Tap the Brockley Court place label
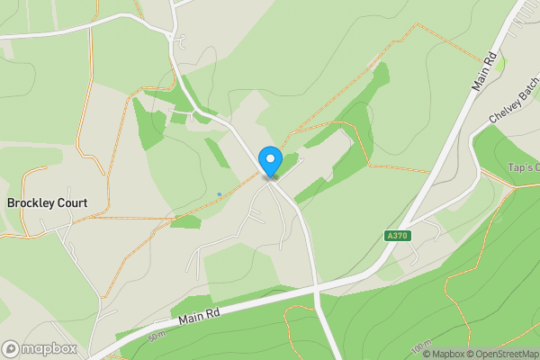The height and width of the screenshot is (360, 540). [x=47, y=203]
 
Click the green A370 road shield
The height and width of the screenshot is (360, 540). [x=391, y=236]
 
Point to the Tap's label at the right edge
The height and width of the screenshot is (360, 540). [x=524, y=167]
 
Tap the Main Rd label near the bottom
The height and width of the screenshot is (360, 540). [x=198, y=314]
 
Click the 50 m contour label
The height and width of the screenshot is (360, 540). [x=158, y=336]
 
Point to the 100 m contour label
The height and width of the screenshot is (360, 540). [x=420, y=347]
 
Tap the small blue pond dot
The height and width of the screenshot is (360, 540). [x=219, y=193]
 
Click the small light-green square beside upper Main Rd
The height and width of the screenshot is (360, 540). [x=500, y=63]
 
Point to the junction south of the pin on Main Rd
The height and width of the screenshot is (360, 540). [x=316, y=289]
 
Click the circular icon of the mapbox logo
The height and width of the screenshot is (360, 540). [x=11, y=348]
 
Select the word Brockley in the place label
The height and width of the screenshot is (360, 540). [x=30, y=203]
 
